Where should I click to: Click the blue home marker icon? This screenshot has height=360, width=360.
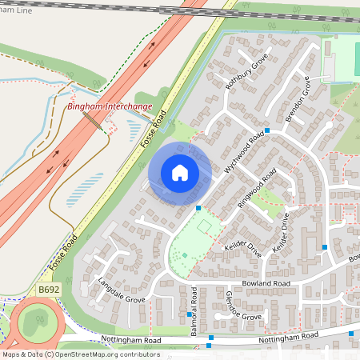point(180,173)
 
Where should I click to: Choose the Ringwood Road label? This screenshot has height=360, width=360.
point(258,188)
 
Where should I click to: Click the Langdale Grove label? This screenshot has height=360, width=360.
point(121,290)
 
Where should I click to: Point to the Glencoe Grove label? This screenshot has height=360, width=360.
point(231,306)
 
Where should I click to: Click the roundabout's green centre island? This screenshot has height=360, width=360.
point(35,322)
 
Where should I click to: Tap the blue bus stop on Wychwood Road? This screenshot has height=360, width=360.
point(268,130)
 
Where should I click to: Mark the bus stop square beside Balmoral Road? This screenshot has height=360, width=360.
point(190,314)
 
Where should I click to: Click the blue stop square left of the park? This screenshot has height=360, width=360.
point(198,208)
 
